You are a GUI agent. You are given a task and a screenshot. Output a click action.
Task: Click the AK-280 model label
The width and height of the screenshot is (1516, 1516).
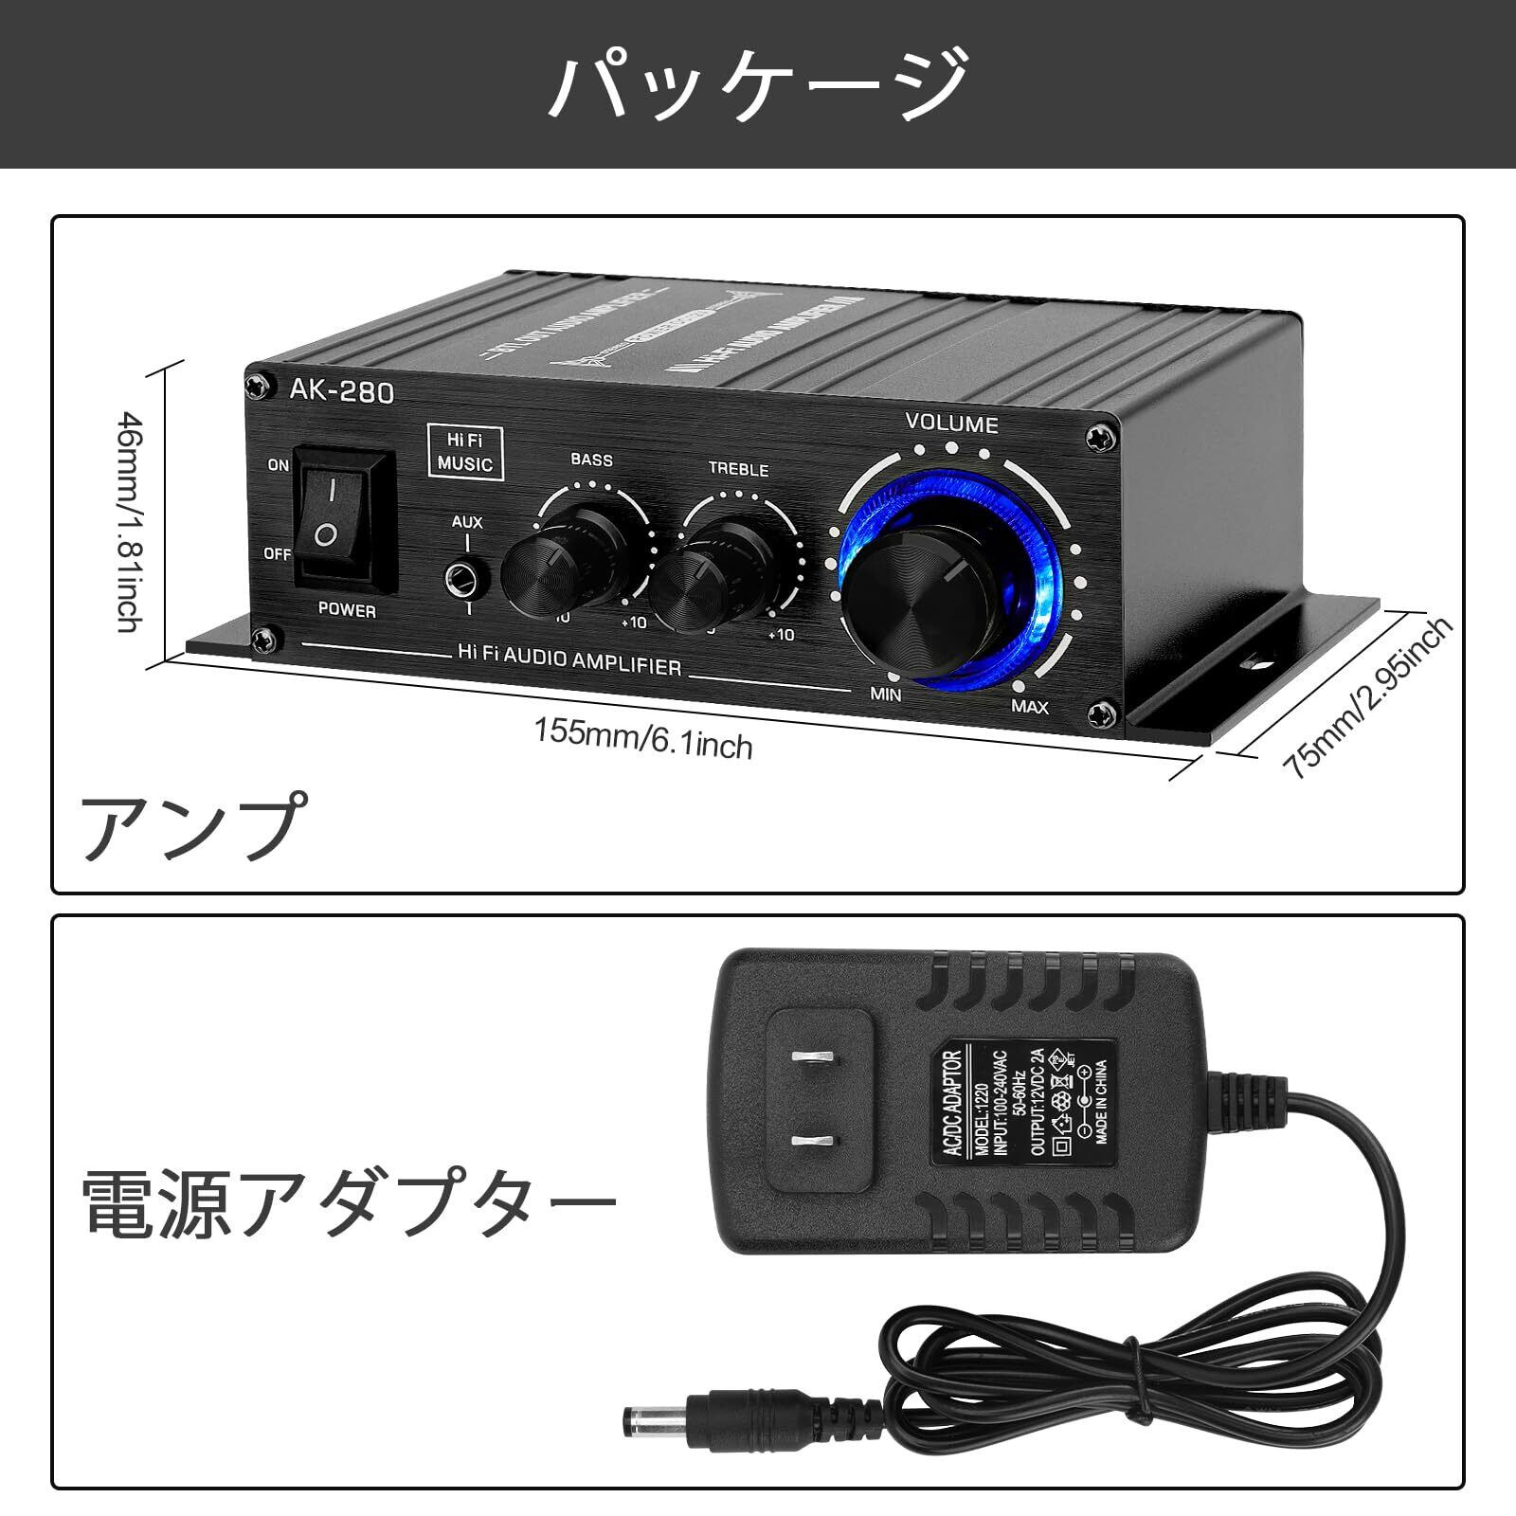[x=342, y=391]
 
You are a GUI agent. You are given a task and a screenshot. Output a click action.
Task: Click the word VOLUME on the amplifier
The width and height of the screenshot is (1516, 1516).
[x=951, y=424]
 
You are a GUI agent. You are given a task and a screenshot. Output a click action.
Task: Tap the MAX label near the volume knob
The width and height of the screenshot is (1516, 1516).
[x=1029, y=706]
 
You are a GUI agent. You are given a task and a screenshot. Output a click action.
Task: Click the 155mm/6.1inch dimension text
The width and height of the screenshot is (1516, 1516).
[x=643, y=739]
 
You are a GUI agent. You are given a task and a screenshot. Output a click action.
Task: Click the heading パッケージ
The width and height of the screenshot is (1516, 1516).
[x=758, y=84]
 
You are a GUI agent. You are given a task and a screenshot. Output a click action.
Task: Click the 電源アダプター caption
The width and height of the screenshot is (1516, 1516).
[x=351, y=1203]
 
